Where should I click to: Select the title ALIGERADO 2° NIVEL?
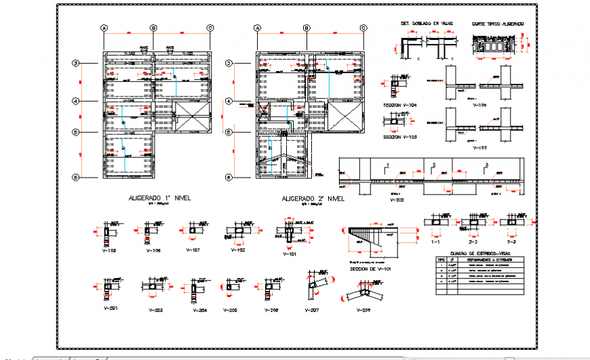coord(313,199)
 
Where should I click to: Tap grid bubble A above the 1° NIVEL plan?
coord(104,28)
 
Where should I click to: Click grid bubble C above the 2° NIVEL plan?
coord(363,28)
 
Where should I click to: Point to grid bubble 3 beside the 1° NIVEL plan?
coord(77,64)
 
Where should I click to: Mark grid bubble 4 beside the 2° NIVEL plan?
coord(229,102)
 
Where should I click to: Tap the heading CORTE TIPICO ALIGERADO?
coord(498,23)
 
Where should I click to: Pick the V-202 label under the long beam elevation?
coord(397,201)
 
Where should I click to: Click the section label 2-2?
coord(473,241)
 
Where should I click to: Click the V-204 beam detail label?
coord(199,310)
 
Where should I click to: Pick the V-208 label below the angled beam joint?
coord(363,310)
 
